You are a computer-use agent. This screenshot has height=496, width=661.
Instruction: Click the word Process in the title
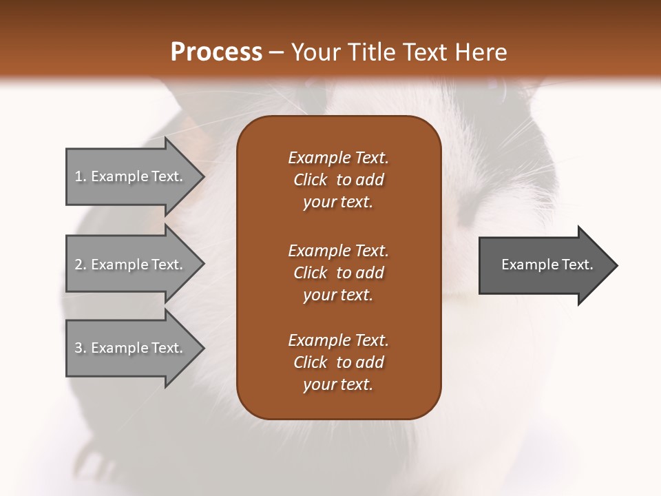point(216,52)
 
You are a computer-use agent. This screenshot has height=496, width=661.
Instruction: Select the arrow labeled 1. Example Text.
point(131,176)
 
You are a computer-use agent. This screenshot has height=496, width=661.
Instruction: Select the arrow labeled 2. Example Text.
point(131,265)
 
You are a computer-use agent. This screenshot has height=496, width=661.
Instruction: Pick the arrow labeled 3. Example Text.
point(131,348)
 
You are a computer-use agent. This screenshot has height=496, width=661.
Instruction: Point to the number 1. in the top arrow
point(80,176)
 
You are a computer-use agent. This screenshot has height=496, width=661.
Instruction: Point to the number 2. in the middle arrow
point(80,265)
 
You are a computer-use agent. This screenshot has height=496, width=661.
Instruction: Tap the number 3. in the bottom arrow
point(80,348)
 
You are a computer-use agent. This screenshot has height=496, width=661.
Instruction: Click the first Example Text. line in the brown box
point(338,158)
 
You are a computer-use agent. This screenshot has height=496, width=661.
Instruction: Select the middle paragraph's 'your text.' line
point(338,295)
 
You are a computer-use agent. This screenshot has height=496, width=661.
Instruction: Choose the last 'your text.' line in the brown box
point(338,384)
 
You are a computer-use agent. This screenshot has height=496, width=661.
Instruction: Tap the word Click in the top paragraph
point(311,180)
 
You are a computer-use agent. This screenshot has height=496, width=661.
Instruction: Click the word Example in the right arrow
point(523,265)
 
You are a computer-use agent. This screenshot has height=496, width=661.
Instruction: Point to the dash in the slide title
point(276,53)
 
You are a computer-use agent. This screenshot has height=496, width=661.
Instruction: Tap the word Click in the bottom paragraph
point(311,362)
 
